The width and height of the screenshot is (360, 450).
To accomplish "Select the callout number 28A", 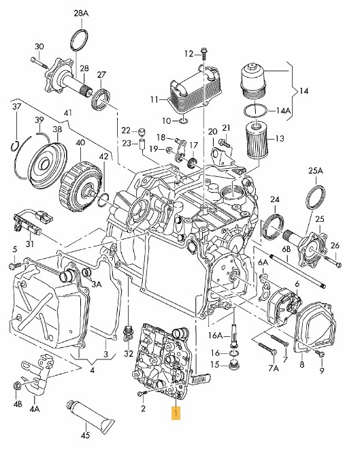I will [81, 13].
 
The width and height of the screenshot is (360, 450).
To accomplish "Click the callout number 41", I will [67, 112].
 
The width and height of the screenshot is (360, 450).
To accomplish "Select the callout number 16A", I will [216, 336].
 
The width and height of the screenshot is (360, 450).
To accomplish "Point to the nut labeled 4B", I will [16, 387].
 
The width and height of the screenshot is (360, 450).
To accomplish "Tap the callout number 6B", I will [286, 250].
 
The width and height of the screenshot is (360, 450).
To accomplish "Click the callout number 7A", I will [274, 368].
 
